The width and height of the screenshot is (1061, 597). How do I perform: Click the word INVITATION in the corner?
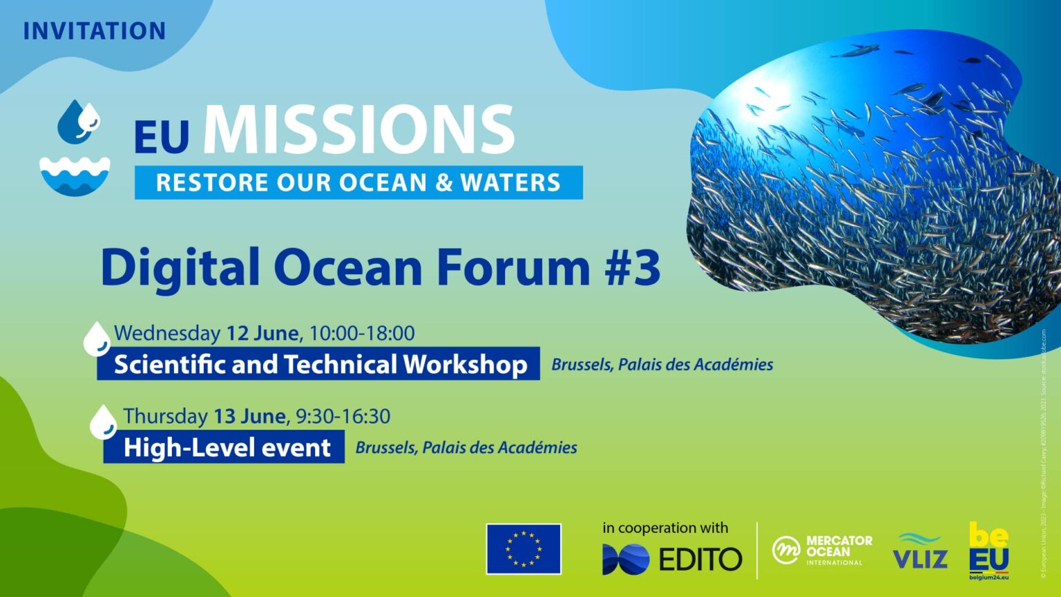[94, 32]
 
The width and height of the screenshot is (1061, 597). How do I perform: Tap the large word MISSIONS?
[359, 131]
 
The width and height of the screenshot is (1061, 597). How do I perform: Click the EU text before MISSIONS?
[162, 137]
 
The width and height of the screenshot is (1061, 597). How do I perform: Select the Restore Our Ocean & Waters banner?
[358, 182]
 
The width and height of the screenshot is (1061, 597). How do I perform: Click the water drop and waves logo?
[75, 148]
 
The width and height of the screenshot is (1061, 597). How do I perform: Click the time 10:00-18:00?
[361, 333]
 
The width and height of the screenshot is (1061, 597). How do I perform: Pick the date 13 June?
[249, 416]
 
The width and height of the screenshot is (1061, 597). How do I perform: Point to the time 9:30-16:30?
[343, 416]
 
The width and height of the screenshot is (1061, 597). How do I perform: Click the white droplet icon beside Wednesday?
[97, 339]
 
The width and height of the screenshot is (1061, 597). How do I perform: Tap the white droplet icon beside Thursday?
[104, 422]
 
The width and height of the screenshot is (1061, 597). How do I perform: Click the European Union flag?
[524, 549]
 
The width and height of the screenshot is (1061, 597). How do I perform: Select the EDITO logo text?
[700, 559]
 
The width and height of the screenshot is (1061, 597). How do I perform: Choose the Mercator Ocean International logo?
[822, 550]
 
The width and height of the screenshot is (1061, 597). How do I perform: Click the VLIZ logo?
[919, 551]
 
